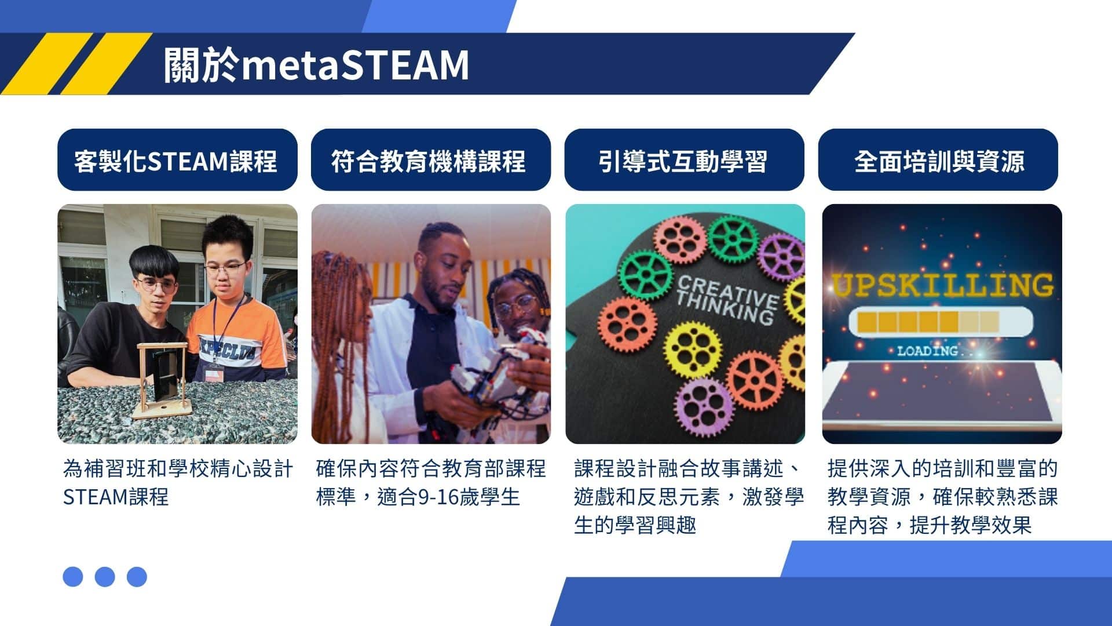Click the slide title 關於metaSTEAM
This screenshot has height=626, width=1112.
316,64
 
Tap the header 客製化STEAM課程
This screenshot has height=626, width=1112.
176,161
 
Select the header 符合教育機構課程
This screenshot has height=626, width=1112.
429,161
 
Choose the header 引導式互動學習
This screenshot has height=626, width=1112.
683,161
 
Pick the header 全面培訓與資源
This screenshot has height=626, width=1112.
939,161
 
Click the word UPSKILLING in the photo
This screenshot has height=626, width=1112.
942,285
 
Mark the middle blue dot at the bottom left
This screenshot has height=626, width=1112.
105,577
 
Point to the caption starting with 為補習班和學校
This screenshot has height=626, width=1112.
178,482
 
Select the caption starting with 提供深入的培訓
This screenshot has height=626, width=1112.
942,497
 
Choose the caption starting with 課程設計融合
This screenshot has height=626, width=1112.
689,497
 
